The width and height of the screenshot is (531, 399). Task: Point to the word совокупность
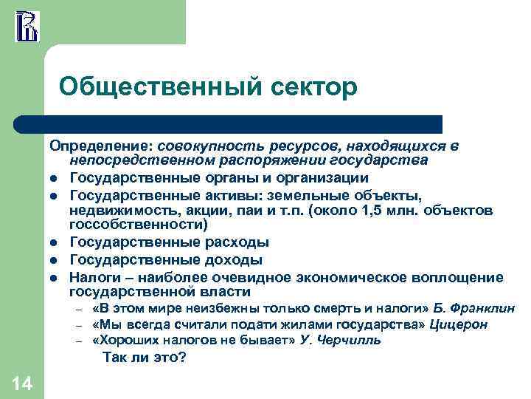(204, 147)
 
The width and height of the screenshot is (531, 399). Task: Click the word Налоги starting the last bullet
(93, 276)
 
